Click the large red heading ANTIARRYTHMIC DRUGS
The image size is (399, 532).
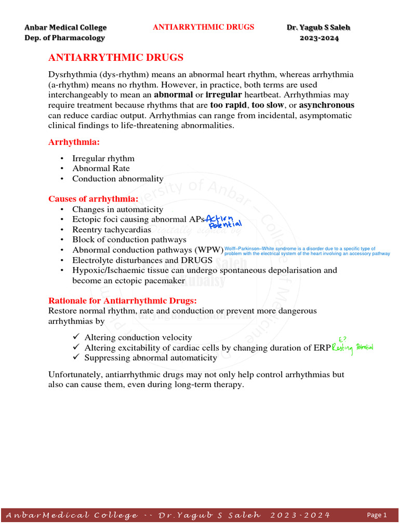115,58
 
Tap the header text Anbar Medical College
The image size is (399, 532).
66,28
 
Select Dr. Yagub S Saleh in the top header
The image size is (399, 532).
318,28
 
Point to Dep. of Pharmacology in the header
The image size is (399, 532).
65,38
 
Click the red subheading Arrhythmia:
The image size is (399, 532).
74,142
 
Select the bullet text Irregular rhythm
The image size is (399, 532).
103,158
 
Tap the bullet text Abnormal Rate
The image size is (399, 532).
101,168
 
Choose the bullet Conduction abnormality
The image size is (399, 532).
117,179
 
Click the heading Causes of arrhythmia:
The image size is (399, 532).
94,199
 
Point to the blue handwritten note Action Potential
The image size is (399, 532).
224,221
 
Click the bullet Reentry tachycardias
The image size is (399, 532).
112,230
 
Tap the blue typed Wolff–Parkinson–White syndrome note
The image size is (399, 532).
307,251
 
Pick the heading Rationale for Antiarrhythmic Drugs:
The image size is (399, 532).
123,301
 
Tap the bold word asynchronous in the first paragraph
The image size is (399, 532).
327,105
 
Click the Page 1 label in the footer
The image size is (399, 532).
377,515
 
